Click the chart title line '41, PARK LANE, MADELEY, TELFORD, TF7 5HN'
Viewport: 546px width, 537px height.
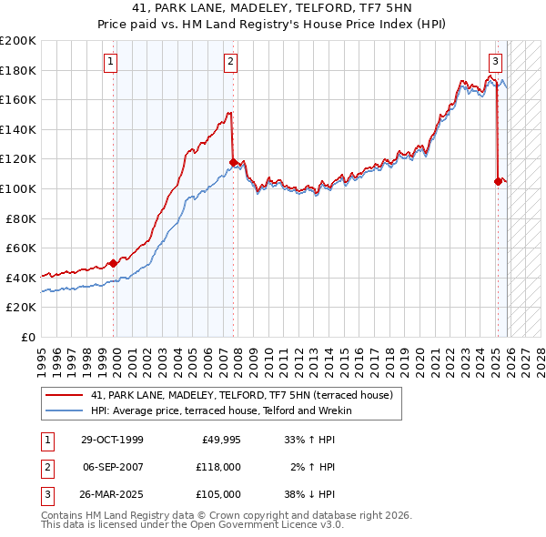pyautogui.click(x=273, y=8)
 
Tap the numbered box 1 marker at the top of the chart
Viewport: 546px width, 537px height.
pyautogui.click(x=110, y=62)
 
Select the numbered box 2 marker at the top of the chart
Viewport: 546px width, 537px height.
pyautogui.click(x=231, y=62)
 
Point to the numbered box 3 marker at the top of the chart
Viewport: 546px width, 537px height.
pyautogui.click(x=495, y=62)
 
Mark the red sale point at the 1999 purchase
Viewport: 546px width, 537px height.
pyautogui.click(x=113, y=263)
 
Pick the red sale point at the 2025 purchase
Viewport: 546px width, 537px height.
pyautogui.click(x=498, y=181)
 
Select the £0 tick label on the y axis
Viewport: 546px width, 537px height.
pyautogui.click(x=27, y=337)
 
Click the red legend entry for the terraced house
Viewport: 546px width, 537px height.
pyautogui.click(x=241, y=395)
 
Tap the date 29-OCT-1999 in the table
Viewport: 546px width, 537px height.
pyautogui.click(x=112, y=440)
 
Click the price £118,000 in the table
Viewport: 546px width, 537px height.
pyautogui.click(x=218, y=467)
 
